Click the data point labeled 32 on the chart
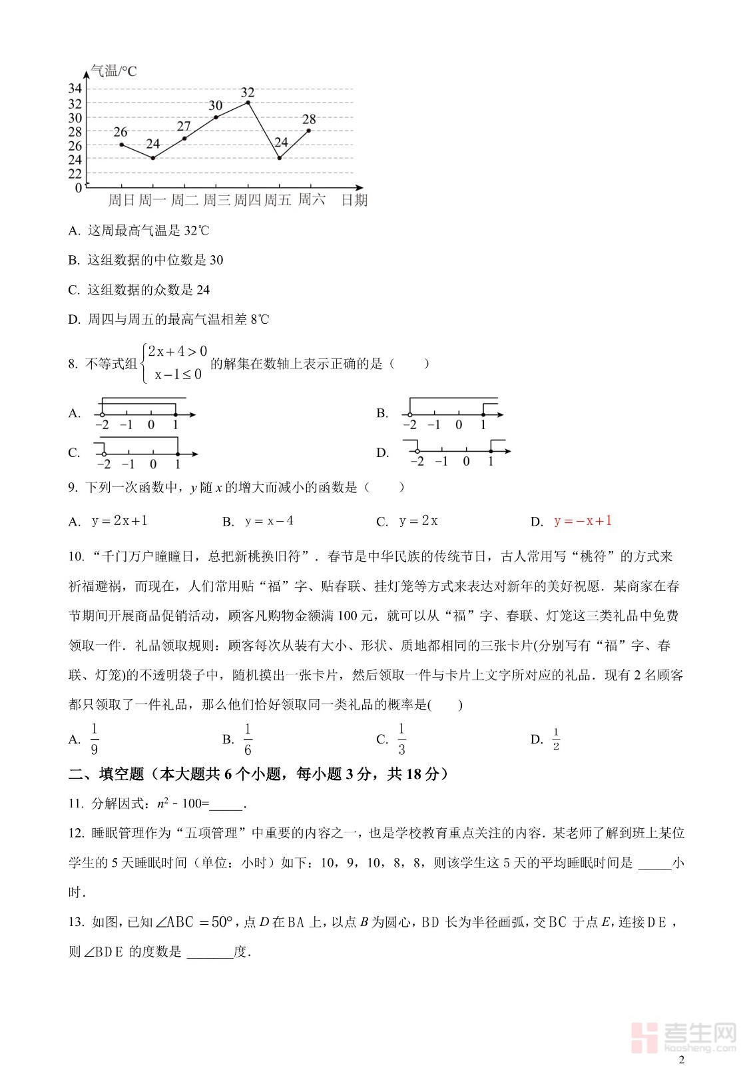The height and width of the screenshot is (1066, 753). coord(248,102)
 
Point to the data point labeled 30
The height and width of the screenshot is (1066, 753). coord(216,117)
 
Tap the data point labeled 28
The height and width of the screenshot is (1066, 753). coord(309,131)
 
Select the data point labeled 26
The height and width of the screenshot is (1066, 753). coord(121,145)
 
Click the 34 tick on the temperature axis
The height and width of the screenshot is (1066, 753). coord(75,89)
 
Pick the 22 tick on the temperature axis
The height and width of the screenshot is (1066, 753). coord(75,174)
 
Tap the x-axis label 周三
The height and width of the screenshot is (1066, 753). coord(216,200)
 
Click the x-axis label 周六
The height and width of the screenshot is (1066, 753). coord(311,200)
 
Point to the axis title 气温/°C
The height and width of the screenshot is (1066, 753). coord(113,71)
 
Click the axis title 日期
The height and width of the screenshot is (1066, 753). coord(354,200)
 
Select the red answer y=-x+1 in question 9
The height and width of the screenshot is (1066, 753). coord(583,521)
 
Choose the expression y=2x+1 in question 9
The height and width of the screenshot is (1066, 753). coord(120,521)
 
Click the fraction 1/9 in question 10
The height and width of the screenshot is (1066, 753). coord(94,739)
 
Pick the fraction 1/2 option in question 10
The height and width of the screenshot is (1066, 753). coord(556,739)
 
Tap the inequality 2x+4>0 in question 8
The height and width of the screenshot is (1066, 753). coord(177,351)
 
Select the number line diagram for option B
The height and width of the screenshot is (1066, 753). coord(453,413)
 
